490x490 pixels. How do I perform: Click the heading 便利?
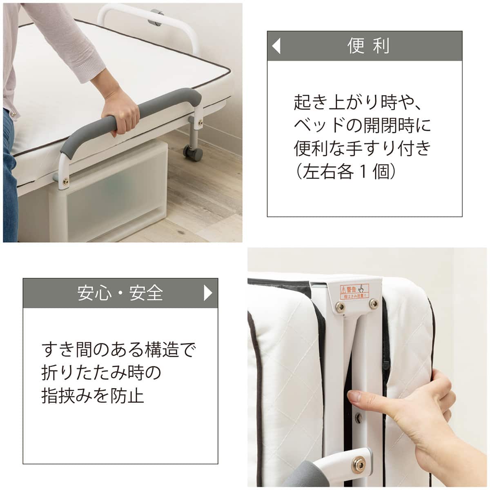(x=368, y=46)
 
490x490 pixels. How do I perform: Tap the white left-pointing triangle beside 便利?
(x=276, y=46)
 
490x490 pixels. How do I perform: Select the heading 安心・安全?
(x=120, y=293)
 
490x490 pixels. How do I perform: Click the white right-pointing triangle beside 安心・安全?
(x=208, y=293)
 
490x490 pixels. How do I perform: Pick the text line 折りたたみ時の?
(x=102, y=373)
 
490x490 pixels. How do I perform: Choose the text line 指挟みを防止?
(x=93, y=396)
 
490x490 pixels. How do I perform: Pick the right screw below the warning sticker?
(x=372, y=303)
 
